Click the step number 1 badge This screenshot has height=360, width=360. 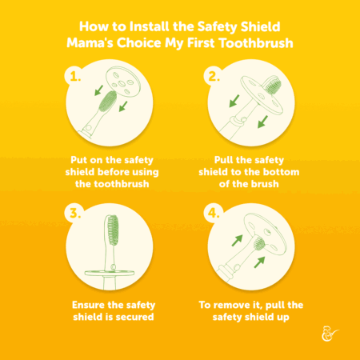click(x=75, y=77)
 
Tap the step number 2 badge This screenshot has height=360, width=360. click(x=214, y=77)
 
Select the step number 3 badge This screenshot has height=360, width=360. click(x=75, y=214)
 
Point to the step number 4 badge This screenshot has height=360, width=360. click(x=214, y=214)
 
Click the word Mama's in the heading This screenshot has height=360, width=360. click(x=90, y=43)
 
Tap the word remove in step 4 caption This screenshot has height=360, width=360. click(x=231, y=305)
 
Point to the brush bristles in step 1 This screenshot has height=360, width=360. click(x=107, y=101)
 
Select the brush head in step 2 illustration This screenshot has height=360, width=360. click(x=272, y=85)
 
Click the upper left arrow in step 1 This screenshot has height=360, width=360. click(x=98, y=90)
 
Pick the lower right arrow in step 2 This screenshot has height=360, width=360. click(x=262, y=122)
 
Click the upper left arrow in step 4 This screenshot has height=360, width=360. click(x=237, y=241)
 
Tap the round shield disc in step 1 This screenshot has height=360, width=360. click(x=122, y=82)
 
